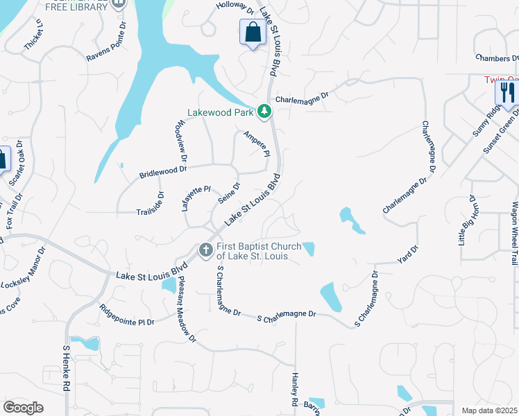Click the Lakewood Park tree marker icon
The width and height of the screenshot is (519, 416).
(x=264, y=111)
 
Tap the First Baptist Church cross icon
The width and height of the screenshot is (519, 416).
(x=205, y=250)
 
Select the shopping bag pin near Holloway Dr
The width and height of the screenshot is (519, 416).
(x=253, y=32)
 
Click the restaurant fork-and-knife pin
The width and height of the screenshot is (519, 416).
(x=508, y=93)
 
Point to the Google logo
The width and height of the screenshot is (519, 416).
(x=23, y=408)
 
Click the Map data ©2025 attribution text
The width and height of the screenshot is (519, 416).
(x=489, y=410)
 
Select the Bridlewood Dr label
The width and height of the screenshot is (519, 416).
(x=164, y=171)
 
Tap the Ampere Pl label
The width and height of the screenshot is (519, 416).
(x=255, y=144)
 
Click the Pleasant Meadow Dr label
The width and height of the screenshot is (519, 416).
(x=187, y=309)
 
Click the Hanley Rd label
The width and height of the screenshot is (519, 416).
(x=294, y=392)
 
